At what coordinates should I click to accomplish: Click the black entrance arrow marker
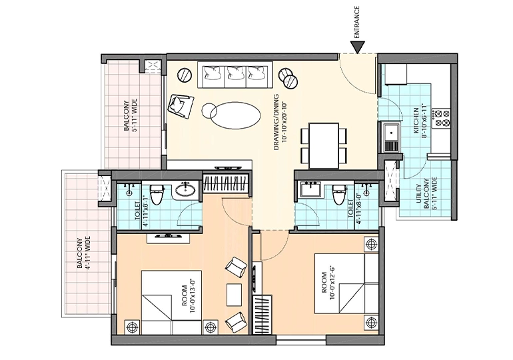point(357,47)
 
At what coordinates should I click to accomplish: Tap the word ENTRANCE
point(356,22)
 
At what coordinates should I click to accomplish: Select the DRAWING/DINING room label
point(280,122)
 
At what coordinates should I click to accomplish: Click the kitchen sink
point(391,137)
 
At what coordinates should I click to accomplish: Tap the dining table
point(324,145)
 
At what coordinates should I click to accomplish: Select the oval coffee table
point(235,115)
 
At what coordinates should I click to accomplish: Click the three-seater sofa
point(235,74)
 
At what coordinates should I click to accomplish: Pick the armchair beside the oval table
point(181,105)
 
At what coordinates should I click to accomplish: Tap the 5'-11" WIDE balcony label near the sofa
point(129,115)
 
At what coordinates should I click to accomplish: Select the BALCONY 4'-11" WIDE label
point(83,253)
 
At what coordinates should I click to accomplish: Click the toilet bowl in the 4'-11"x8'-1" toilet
point(157,194)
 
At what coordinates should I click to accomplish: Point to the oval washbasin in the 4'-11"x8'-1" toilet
point(185,189)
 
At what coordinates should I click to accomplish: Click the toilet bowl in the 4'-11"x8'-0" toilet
point(339,194)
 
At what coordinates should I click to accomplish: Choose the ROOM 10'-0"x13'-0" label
point(188,296)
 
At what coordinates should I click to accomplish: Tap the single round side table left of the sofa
point(185,75)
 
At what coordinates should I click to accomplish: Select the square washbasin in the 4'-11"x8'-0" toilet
point(310,189)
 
